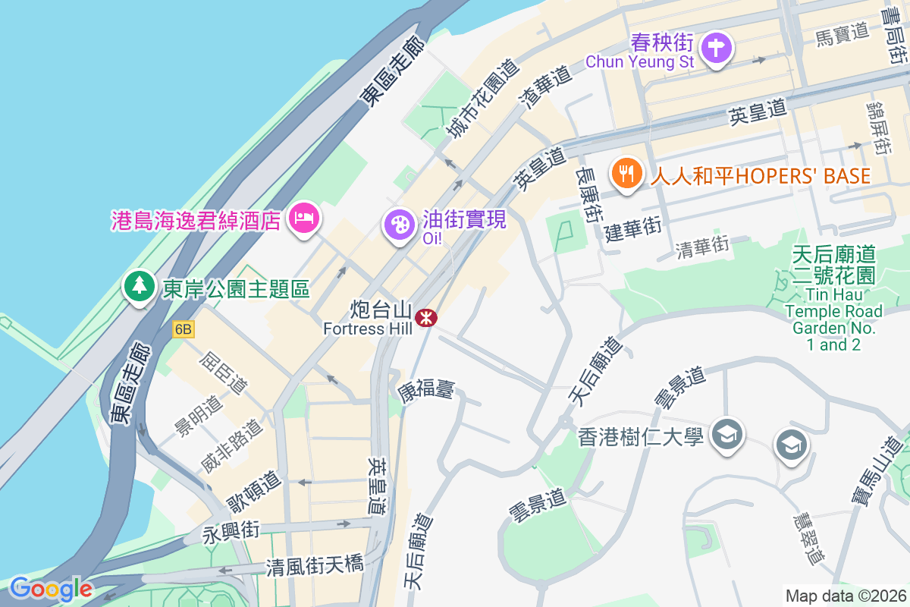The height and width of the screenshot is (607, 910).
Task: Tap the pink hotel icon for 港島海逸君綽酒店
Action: click(x=303, y=219)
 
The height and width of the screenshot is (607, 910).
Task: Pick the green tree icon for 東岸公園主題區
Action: click(x=139, y=286)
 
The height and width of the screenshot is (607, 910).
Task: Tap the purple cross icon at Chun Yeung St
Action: click(x=715, y=49)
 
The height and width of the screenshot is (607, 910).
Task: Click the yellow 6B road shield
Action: click(x=184, y=329)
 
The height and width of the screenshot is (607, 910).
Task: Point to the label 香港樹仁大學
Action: click(x=641, y=437)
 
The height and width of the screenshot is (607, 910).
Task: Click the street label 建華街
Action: click(x=633, y=227)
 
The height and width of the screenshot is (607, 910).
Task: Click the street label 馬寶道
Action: click(x=842, y=32)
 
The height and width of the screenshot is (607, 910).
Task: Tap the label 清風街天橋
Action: click(x=315, y=566)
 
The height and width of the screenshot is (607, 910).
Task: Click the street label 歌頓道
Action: click(x=255, y=492)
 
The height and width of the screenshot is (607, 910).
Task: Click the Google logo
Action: click(x=51, y=589)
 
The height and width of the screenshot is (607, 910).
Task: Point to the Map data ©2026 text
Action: click(x=846, y=596)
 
